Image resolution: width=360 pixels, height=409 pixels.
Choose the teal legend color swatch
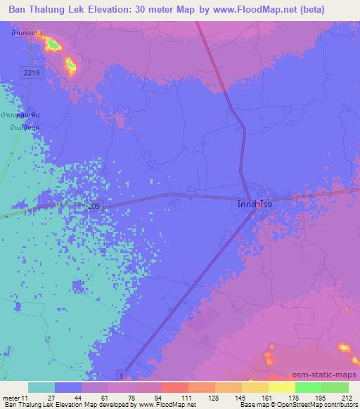click(41, 387)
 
